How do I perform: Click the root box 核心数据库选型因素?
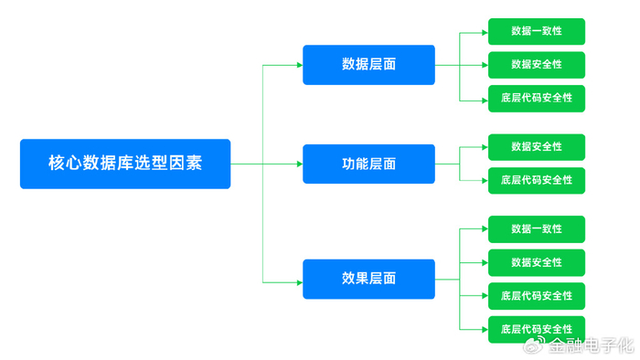click(125, 164)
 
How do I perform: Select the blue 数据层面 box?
click(368, 65)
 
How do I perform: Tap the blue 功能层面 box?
click(368, 164)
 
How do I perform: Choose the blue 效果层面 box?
click(368, 279)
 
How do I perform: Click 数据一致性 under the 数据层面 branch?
click(537, 31)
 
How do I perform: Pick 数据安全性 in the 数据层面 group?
click(537, 65)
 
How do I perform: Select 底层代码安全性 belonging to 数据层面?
click(537, 98)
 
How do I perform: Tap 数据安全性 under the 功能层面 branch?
click(537, 147)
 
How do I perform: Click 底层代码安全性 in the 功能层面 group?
click(537, 180)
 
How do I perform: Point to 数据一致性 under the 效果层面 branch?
click(537, 229)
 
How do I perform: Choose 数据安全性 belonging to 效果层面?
click(537, 262)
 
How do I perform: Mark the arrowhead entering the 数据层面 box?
click(298, 65)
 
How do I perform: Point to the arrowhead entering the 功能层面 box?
click(298, 164)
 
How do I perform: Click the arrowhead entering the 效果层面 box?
click(298, 282)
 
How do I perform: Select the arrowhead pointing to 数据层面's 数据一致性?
click(484, 32)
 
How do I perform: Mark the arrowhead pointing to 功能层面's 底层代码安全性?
click(484, 180)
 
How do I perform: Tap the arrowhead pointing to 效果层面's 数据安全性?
click(484, 262)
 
